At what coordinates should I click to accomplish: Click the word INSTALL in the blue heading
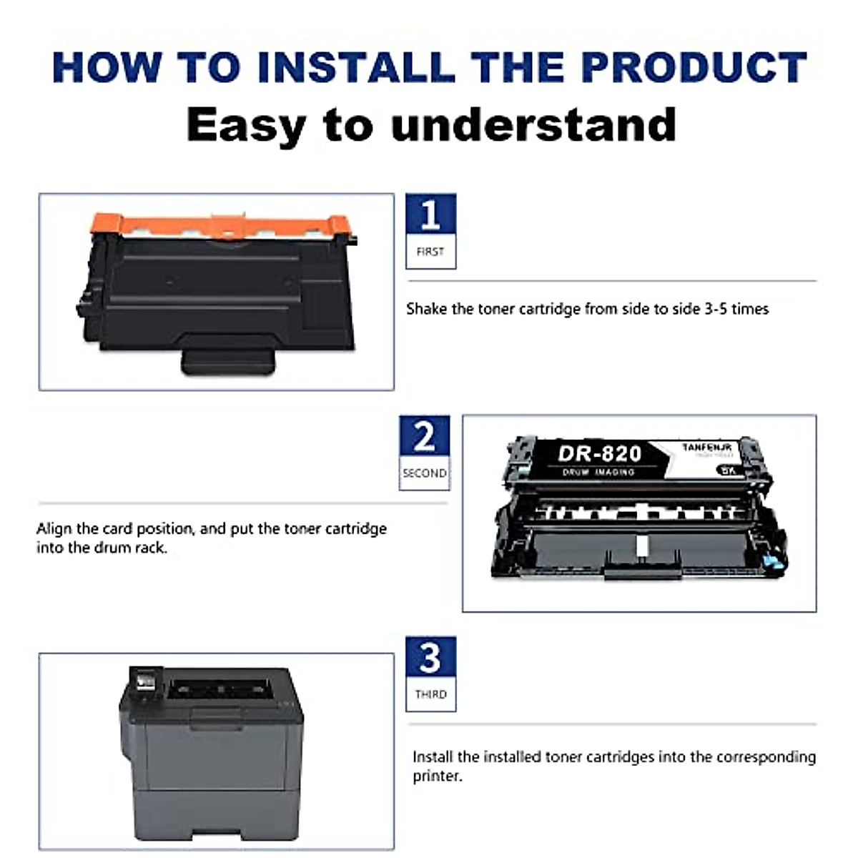coord(355,67)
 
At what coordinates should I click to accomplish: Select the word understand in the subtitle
coord(533,125)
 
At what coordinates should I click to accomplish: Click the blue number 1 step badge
coord(430,214)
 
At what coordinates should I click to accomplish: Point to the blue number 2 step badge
coord(424,435)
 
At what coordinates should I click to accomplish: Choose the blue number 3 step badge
coord(430,657)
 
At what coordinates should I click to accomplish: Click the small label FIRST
coord(430,252)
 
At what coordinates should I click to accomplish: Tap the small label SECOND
coord(424,473)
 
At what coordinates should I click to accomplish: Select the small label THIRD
coord(430,694)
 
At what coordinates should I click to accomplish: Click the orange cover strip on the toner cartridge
coord(222,225)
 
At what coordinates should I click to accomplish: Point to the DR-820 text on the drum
coord(599,453)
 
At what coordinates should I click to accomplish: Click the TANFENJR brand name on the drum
coord(706,447)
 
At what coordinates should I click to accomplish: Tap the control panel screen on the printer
coord(143,679)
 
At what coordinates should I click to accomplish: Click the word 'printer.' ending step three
coord(437,776)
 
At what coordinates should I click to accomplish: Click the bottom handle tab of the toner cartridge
coord(227,362)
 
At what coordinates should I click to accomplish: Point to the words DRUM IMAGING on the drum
coord(598,473)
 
